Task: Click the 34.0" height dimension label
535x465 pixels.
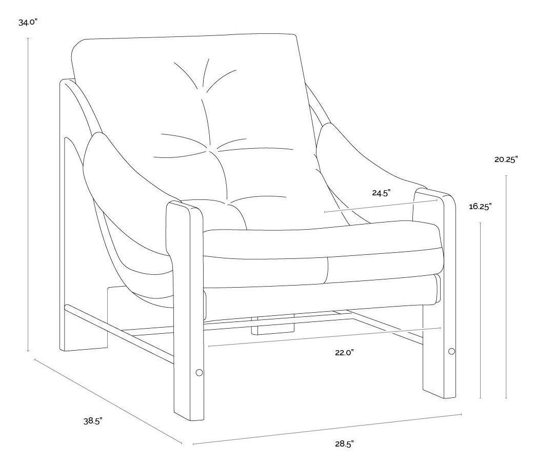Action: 28,23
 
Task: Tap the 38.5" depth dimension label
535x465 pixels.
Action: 93,421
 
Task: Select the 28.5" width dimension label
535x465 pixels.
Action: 345,444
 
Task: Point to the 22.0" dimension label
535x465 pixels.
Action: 345,352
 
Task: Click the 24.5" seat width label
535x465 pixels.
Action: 381,193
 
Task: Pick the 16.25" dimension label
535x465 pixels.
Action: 480,207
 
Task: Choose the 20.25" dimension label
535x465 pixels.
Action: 506,159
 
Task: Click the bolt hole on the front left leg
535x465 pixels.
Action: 199,372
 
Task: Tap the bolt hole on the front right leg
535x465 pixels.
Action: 451,351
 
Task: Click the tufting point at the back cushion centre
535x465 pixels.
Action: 210,149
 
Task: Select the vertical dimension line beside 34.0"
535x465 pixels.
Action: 28,195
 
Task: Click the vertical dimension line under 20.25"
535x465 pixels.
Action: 506,287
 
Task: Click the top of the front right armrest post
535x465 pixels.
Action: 434,193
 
